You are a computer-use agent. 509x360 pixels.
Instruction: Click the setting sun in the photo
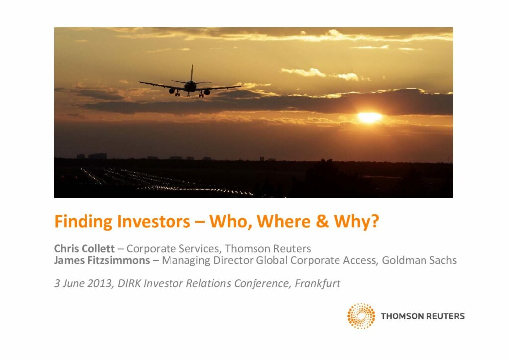tap(369, 117)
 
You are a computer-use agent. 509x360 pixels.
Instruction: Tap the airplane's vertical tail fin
tap(192, 73)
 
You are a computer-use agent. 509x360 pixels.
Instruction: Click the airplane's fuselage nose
tap(190, 87)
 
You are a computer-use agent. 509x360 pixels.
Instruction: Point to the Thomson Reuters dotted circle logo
tap(361, 316)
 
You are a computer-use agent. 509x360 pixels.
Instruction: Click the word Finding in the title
tap(84, 222)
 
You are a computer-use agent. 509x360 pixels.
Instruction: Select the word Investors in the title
tap(154, 221)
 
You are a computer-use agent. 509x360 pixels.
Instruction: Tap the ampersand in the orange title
tap(322, 221)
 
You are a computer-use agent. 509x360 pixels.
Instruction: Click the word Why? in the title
tap(356, 222)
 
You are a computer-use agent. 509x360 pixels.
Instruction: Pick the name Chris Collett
tap(85, 248)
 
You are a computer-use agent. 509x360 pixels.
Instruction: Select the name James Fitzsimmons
tap(102, 260)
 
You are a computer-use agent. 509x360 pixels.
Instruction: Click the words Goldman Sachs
tap(419, 260)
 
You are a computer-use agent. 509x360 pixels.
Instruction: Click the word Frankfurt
tap(317, 283)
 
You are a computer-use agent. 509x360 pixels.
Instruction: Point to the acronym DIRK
tap(129, 283)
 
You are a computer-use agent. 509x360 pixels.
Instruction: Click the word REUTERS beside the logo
tap(444, 316)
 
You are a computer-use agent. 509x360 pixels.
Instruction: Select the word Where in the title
tap(284, 221)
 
